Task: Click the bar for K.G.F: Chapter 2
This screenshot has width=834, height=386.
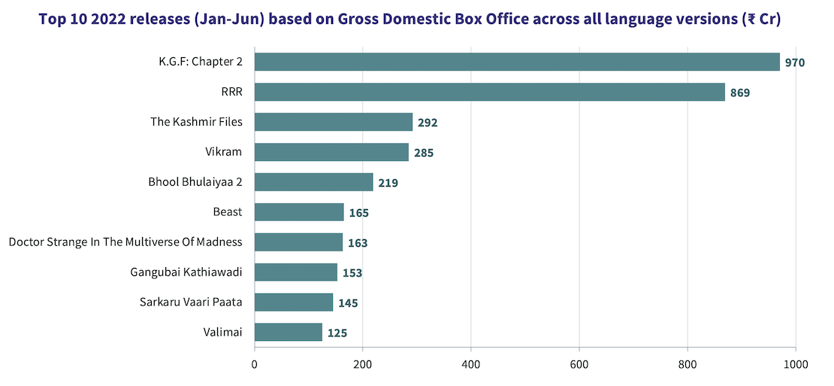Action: click(517, 62)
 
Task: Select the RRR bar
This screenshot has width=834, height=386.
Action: click(490, 92)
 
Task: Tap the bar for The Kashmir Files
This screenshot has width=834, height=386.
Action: click(334, 122)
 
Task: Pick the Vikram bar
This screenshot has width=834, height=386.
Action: click(331, 152)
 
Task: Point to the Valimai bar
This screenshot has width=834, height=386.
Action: click(289, 332)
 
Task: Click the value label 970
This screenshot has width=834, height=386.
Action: click(795, 62)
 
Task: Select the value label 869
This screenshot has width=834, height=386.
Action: click(740, 93)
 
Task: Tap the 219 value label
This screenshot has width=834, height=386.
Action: click(388, 183)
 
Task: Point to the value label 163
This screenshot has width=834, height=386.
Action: click(358, 243)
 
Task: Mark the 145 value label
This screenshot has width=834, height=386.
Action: click(348, 303)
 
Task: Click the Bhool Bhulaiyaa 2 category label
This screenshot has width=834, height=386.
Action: click(196, 181)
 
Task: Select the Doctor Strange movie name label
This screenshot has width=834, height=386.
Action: click(125, 242)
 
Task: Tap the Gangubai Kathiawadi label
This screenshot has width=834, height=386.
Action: click(186, 272)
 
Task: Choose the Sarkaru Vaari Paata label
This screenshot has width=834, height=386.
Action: click(191, 302)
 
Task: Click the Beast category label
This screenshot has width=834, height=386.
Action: click(228, 211)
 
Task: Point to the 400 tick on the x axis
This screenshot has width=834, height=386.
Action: click(471, 365)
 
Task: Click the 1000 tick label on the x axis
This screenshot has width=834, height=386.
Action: click(795, 365)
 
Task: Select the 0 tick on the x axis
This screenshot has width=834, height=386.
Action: click(255, 365)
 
